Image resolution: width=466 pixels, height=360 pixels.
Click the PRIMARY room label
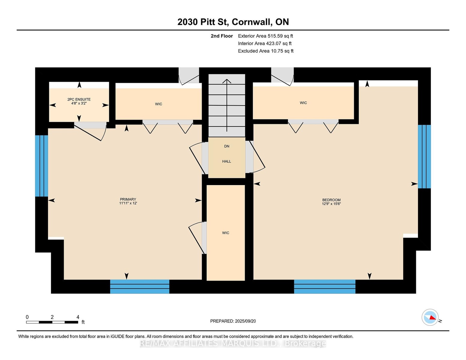click(128, 199)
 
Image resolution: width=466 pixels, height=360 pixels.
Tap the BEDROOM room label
click(331, 200)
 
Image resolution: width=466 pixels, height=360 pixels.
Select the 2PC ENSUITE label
click(79, 99)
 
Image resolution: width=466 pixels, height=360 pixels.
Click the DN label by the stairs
click(227, 146)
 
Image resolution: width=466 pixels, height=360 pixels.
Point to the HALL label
click(227, 161)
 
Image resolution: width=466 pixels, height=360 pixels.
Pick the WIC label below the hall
click(225, 233)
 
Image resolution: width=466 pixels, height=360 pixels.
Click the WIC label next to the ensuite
click(159, 104)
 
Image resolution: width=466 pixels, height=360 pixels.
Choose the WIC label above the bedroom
click(303, 103)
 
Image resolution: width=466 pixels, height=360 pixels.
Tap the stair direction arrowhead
click(227, 81)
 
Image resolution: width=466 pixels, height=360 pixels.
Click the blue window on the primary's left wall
click(42, 166)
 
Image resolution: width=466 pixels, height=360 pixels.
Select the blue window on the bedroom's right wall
click(424, 157)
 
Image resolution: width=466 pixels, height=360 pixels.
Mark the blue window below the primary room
click(140, 286)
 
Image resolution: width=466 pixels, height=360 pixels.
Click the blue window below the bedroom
click(325, 286)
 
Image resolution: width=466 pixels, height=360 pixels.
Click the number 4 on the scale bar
click(78, 317)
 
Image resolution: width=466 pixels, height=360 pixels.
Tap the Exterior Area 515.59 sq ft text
click(265, 36)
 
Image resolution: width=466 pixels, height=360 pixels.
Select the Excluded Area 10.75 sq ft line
click(266, 51)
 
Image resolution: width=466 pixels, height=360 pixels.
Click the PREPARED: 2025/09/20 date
click(233, 321)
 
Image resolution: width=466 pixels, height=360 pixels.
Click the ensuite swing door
click(90, 131)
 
